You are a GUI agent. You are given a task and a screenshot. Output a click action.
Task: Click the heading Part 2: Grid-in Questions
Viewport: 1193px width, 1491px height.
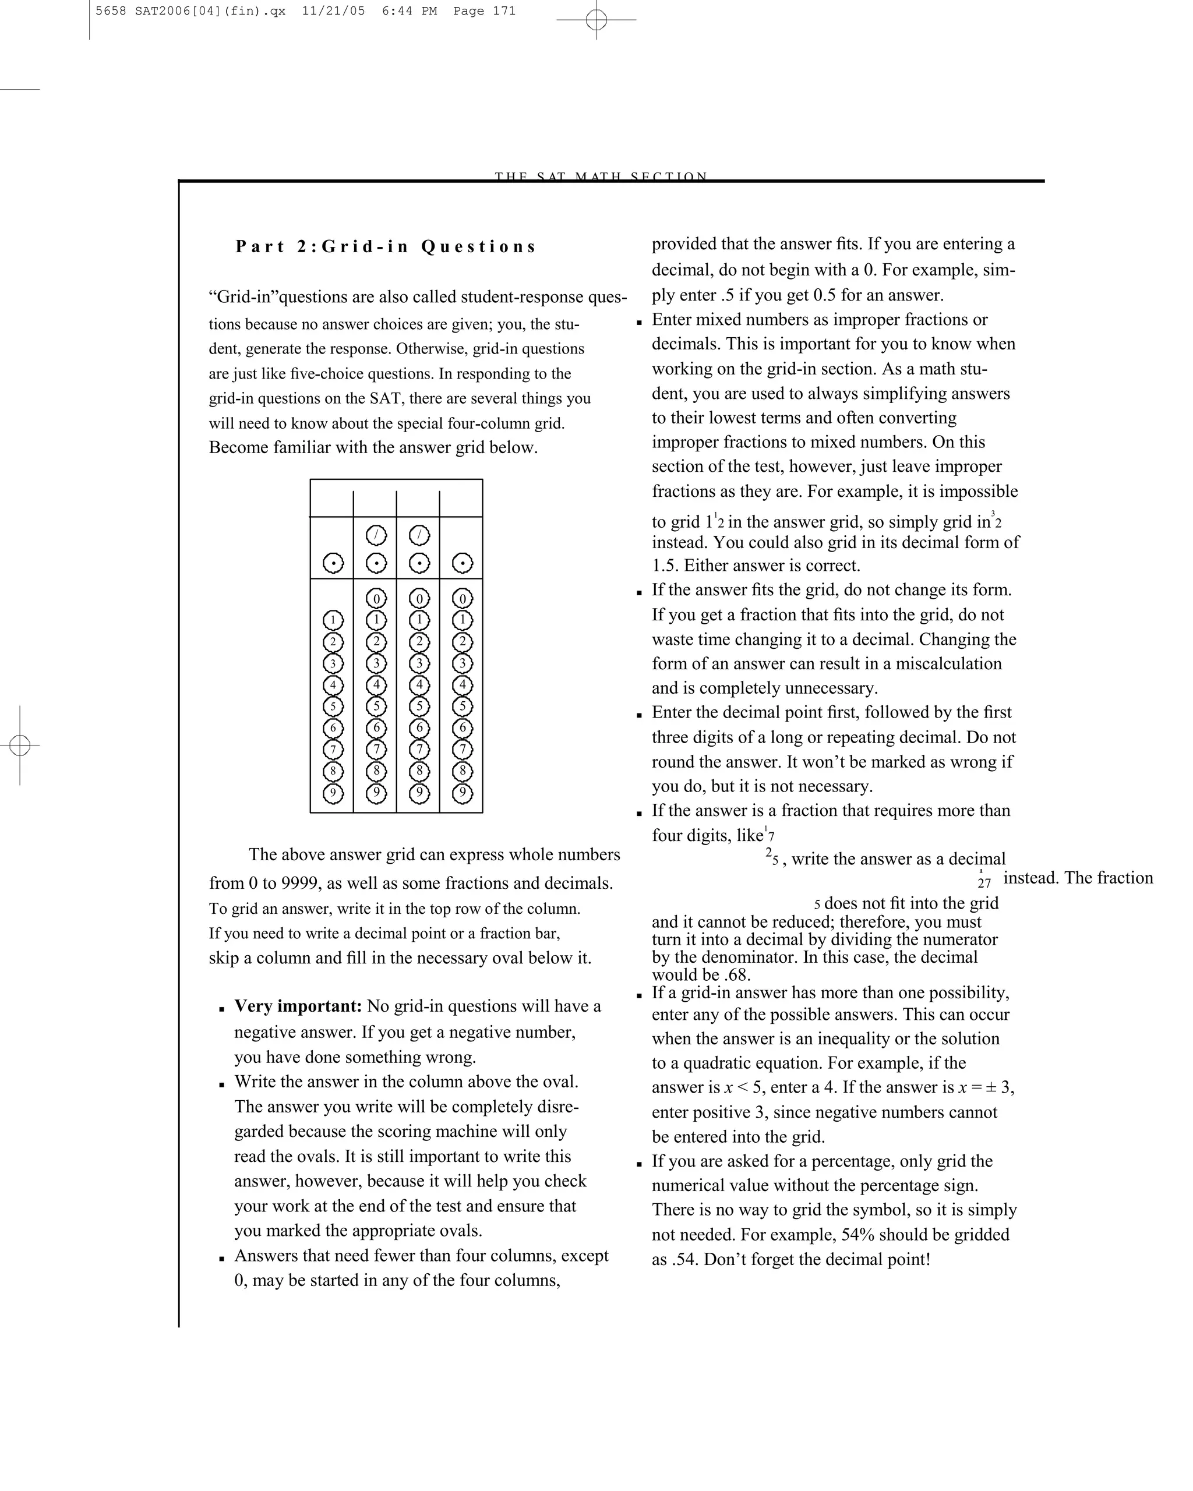(x=385, y=247)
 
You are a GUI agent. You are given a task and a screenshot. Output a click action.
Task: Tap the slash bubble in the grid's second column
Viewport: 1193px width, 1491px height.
(x=376, y=535)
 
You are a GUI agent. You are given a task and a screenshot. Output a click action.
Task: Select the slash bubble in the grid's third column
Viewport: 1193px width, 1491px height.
(x=419, y=535)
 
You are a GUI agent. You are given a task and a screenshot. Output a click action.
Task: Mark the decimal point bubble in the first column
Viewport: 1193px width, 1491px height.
(x=333, y=564)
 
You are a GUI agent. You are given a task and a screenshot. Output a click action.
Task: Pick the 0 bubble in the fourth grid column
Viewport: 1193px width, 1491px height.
(x=462, y=598)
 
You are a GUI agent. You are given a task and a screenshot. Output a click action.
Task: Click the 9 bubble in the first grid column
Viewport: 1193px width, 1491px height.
(x=333, y=793)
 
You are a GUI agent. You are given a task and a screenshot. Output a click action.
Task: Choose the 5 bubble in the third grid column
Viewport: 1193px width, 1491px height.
(x=419, y=706)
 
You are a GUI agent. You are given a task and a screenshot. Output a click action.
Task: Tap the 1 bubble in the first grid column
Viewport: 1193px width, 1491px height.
(x=333, y=620)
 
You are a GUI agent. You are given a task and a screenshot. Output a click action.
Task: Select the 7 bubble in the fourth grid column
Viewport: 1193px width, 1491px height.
(x=462, y=750)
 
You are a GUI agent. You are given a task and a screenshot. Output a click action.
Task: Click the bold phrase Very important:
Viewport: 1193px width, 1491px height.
(x=298, y=1006)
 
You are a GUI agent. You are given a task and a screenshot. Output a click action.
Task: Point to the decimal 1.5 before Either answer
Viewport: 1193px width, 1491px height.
(x=665, y=566)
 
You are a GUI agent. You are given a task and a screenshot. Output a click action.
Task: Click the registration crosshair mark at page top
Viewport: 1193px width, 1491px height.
(x=596, y=20)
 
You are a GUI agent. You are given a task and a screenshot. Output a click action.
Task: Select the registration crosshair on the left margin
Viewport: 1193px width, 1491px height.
(x=20, y=745)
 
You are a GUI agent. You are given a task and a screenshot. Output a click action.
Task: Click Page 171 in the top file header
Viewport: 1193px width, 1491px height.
(x=484, y=11)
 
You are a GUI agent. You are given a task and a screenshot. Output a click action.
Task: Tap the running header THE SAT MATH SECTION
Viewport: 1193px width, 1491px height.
(x=601, y=176)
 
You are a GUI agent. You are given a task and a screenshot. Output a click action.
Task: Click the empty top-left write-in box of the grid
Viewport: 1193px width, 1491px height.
(x=332, y=499)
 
